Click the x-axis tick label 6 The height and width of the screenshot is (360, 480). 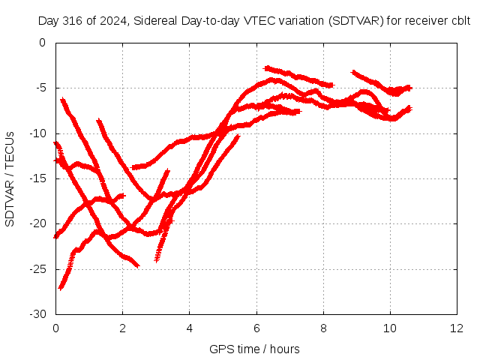pos(256,328)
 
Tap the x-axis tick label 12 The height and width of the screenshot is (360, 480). pos(457,328)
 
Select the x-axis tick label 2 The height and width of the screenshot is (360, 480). pos(122,328)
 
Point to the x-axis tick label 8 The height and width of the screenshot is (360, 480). pos(323,328)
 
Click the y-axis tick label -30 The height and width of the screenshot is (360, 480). pos(37,314)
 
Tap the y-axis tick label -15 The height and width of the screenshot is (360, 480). pos(37,178)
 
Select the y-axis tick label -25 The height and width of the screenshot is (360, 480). pos(37,269)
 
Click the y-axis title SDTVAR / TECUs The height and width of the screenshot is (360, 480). pos(10,179)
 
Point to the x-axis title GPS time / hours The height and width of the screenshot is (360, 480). pos(254,349)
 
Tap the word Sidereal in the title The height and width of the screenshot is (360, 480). pos(155,21)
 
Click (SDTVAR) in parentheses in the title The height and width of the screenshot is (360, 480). pos(356,21)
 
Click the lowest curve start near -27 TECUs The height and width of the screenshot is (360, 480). pos(61,288)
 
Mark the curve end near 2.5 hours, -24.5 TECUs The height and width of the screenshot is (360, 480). pos(138,266)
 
